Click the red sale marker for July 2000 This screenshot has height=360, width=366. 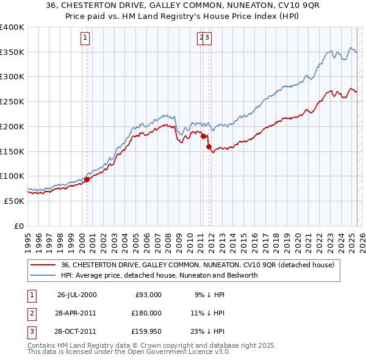coord(87,179)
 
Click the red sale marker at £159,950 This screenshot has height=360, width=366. coord(209,146)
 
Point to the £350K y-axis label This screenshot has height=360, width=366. coord(12,52)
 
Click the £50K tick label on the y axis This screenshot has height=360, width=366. coord(15,201)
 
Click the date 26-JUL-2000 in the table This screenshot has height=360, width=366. coord(77,295)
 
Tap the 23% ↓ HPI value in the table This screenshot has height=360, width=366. coord(207,331)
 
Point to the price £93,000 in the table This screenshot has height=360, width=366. coord(148,295)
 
